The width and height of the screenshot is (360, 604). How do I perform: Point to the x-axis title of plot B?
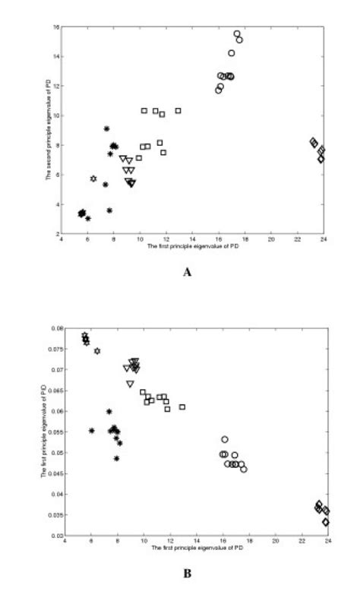(197, 548)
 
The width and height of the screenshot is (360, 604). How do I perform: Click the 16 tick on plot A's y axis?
(56, 27)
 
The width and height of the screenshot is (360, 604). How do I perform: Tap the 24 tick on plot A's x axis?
(323, 240)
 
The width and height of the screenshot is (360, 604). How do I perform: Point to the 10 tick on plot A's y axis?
(56, 116)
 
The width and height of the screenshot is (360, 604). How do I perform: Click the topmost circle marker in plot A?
(237, 34)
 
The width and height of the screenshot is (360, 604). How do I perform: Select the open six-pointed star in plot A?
(93, 179)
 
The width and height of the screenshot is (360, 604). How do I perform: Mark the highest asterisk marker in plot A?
(106, 128)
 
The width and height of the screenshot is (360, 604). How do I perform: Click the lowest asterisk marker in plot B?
(116, 458)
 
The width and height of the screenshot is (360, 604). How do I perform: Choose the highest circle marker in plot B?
(225, 439)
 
